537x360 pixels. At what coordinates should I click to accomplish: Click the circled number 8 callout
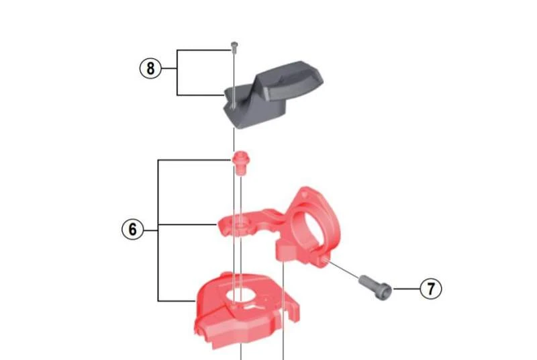point(150,68)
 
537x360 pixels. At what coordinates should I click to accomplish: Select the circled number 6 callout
point(132,229)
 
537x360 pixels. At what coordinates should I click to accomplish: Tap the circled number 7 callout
point(431,288)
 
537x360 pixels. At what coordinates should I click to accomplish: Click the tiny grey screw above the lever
point(234,47)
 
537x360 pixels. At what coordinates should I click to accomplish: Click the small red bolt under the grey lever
point(240,163)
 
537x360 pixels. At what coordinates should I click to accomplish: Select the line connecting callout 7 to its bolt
point(407,289)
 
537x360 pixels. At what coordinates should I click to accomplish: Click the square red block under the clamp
point(286,251)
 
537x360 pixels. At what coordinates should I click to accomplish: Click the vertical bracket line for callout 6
point(158,230)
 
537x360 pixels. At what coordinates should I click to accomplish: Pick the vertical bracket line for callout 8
point(177,73)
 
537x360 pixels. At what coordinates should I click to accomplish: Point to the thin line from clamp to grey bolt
point(343,269)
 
